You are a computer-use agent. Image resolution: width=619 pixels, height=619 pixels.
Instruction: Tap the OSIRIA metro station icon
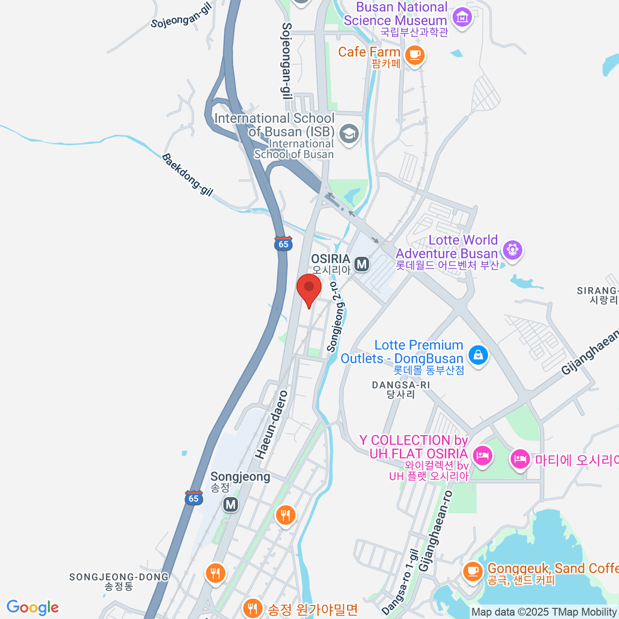click(x=362, y=264)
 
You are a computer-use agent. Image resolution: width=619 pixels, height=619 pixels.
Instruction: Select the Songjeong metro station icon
click(x=231, y=504)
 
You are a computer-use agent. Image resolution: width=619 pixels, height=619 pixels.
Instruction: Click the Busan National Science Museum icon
click(x=462, y=18)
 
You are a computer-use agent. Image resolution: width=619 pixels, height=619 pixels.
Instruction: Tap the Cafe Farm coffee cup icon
click(x=415, y=55)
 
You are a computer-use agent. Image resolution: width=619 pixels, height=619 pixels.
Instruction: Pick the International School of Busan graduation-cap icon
click(x=349, y=134)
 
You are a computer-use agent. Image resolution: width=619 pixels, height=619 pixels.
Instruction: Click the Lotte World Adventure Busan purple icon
click(x=512, y=250)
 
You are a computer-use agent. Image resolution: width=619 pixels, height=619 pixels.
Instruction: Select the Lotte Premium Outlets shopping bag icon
click(x=478, y=355)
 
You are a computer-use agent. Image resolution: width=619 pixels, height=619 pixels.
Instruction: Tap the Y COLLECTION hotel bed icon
click(x=482, y=456)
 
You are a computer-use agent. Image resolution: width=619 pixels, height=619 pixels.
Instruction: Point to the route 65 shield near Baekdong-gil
click(x=283, y=243)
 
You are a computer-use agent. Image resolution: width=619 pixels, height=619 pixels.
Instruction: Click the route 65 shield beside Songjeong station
click(x=193, y=498)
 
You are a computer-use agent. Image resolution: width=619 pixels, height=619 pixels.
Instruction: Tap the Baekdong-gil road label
click(x=187, y=174)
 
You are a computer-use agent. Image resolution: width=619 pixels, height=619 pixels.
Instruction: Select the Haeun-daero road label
click(x=271, y=425)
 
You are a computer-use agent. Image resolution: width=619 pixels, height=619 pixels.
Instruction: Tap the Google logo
click(x=32, y=608)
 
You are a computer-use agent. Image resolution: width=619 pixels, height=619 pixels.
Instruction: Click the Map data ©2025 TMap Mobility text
click(x=544, y=612)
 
